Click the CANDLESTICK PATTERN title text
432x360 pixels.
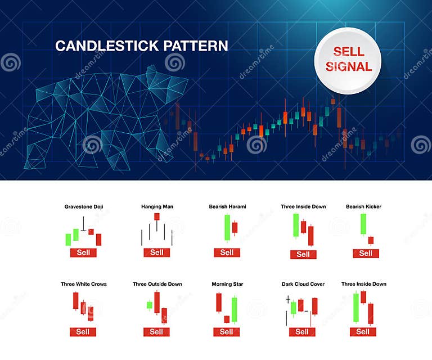point(141,46)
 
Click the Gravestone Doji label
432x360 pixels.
point(84,206)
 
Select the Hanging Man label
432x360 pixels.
point(157,206)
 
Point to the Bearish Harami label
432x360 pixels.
point(227,206)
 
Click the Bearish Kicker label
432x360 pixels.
point(363,206)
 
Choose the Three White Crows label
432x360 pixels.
point(84,284)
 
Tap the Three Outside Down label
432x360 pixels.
point(157,284)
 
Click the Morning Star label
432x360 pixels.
point(227,284)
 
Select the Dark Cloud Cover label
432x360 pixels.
point(303,284)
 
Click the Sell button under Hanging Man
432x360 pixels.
point(157,253)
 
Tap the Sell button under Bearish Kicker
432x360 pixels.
point(366,253)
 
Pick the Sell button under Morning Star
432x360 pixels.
point(226,332)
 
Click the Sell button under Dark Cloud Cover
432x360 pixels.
point(302,332)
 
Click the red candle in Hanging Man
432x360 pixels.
point(157,217)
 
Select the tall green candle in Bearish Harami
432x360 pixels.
point(227,227)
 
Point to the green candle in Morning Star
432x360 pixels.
point(234,309)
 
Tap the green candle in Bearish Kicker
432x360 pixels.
point(363,223)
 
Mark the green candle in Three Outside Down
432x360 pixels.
point(149,305)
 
